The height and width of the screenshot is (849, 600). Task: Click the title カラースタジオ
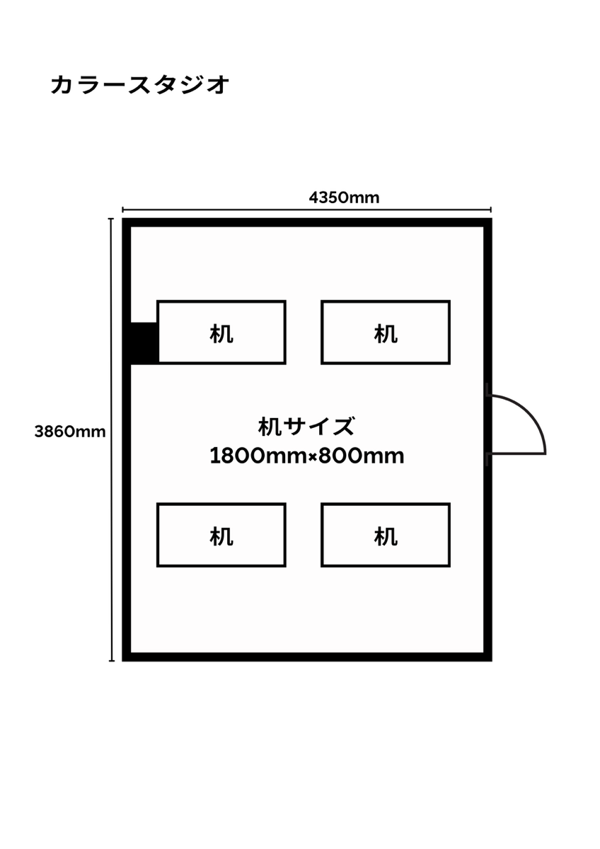point(140,85)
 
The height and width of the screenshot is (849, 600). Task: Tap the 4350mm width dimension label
point(344,197)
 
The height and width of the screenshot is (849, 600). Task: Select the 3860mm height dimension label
point(70,431)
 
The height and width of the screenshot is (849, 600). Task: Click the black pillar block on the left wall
point(143,343)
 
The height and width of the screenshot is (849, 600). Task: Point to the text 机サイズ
point(306,427)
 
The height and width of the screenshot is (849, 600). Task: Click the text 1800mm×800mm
point(306,456)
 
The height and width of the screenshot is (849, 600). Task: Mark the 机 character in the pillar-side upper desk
point(221,333)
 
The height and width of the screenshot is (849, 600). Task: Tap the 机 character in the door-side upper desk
point(386,333)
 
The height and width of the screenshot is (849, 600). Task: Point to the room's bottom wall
point(306,657)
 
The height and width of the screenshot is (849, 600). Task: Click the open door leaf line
point(518,453)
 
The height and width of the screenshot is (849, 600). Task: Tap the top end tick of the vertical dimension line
point(111,219)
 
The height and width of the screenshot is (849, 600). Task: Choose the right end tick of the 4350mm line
point(490,209)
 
